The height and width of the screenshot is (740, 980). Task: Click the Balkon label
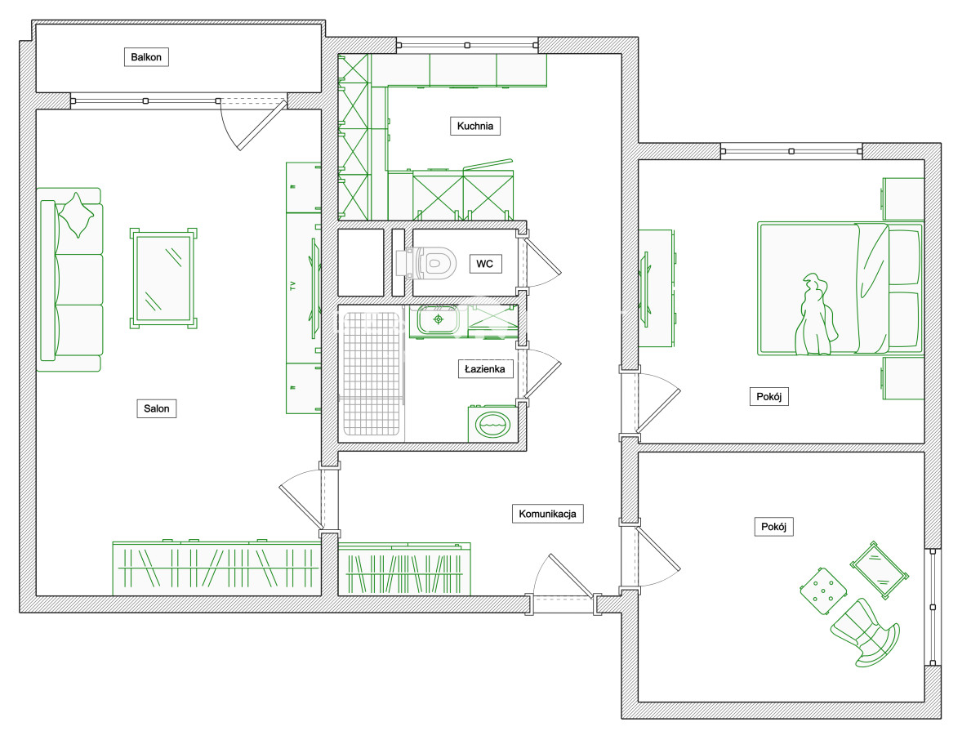coord(146,57)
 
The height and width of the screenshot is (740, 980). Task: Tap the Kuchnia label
coord(474,126)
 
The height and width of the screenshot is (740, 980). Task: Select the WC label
coord(485,264)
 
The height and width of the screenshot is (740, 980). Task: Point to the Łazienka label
coord(485,369)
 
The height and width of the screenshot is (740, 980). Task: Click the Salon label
coord(156,408)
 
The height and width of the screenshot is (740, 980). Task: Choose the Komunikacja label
coord(547,514)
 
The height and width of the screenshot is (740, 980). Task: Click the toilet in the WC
coord(426,263)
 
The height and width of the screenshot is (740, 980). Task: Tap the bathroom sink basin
coord(438,319)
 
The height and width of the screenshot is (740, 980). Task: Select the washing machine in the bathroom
coord(492,424)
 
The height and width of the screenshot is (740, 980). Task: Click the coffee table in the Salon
coord(163,279)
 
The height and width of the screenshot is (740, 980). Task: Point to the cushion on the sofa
coord(76,215)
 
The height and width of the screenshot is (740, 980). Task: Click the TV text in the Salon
coord(293,286)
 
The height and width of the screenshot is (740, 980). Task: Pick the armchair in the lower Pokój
coord(865,633)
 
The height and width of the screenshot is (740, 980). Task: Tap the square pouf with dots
coord(823,591)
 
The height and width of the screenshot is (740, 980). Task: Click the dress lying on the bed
coord(815,314)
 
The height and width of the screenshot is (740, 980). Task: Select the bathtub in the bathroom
coord(371,373)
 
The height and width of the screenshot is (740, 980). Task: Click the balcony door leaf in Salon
coord(262,126)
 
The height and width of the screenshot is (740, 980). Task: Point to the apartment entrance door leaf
coord(572,576)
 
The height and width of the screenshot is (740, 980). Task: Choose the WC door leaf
coord(543,256)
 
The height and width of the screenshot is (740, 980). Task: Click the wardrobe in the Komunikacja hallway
coord(404,569)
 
